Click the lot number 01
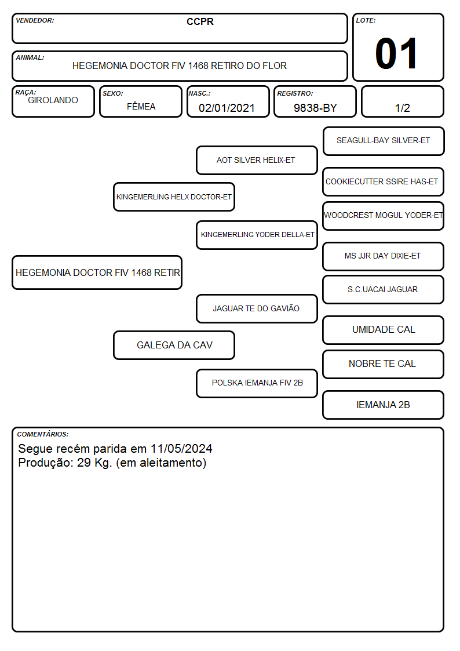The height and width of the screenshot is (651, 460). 396,53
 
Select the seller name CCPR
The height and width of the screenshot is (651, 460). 200,21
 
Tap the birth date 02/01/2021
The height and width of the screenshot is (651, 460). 227,108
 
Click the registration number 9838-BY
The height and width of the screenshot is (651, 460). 315,108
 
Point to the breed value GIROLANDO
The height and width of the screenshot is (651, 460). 53,100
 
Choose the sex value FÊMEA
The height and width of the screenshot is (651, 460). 141,106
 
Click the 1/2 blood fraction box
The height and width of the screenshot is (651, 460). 402,101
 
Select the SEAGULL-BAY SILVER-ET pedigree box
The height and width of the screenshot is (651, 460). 384,141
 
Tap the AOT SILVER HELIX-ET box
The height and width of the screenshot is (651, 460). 257,160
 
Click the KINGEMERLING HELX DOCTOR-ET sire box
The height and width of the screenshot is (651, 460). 174,197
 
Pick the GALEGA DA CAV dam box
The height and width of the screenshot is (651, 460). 174,345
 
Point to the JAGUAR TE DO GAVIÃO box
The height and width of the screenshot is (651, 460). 257,308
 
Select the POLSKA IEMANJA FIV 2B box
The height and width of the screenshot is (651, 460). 257,383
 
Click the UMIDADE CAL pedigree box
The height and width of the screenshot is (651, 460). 384,330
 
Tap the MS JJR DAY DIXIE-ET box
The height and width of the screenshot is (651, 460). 384,256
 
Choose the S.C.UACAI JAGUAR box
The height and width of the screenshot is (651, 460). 384,289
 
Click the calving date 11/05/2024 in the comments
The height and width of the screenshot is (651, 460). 181,449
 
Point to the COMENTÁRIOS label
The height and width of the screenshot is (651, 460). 43,434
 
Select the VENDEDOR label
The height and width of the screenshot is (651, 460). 35,20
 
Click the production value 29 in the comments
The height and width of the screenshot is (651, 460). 84,463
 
